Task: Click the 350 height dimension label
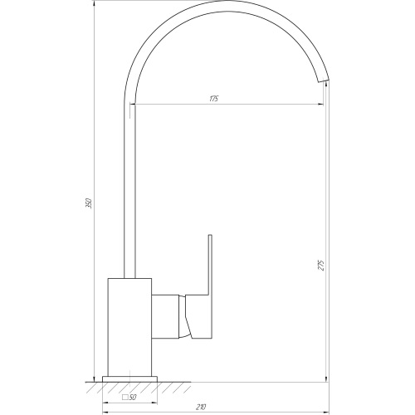coord(89,203)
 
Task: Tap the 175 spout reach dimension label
coord(213,99)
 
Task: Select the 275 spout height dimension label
coord(321,265)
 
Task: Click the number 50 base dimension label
coord(133,398)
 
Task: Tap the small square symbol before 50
coord(125,398)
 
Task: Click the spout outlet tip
coord(324,80)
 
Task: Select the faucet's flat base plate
coord(129,379)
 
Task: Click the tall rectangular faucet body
coord(129,327)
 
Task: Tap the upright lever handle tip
coord(210,236)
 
